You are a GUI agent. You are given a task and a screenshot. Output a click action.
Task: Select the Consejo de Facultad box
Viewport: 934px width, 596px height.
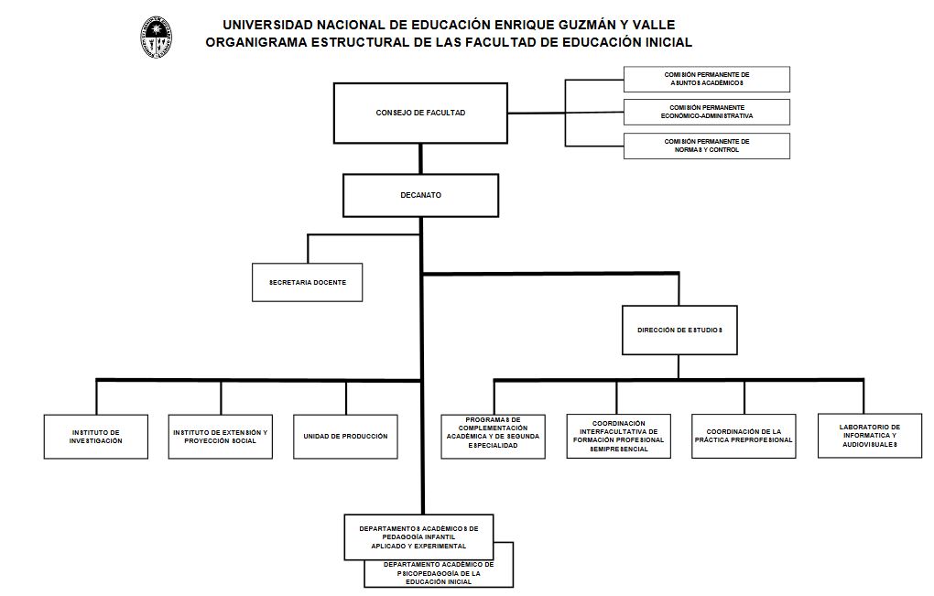pos(420,113)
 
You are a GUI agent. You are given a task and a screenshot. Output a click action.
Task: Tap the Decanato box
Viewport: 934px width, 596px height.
pos(420,195)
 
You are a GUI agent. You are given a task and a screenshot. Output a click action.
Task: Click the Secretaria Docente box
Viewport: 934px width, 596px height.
pos(308,283)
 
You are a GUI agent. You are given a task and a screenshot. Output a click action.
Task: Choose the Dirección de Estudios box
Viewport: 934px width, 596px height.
pos(679,329)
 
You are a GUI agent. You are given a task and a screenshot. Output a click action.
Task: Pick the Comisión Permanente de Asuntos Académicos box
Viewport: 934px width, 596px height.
pos(706,79)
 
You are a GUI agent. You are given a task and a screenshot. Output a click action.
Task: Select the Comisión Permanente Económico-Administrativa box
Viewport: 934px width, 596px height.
pos(706,113)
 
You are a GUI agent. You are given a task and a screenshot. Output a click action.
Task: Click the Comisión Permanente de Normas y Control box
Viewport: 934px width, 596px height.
pos(706,146)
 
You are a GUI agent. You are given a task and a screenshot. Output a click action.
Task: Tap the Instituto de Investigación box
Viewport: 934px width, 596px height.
pos(96,437)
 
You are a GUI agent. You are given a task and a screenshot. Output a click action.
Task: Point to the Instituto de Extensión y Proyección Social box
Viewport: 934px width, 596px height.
pos(221,437)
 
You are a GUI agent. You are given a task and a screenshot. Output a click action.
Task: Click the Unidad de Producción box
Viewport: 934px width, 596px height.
pos(345,437)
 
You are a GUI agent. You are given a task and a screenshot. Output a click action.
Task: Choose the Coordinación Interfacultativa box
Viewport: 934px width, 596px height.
pos(619,437)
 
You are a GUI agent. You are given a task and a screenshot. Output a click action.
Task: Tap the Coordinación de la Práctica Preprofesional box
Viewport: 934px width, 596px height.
pos(744,437)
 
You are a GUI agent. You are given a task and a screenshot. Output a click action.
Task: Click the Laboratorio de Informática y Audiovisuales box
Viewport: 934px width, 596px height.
pos(869,436)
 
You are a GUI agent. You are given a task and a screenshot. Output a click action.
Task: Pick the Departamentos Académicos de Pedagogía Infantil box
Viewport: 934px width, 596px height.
pos(418,536)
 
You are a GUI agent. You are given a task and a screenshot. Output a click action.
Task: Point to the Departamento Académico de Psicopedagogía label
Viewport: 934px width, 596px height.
pos(439,574)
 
